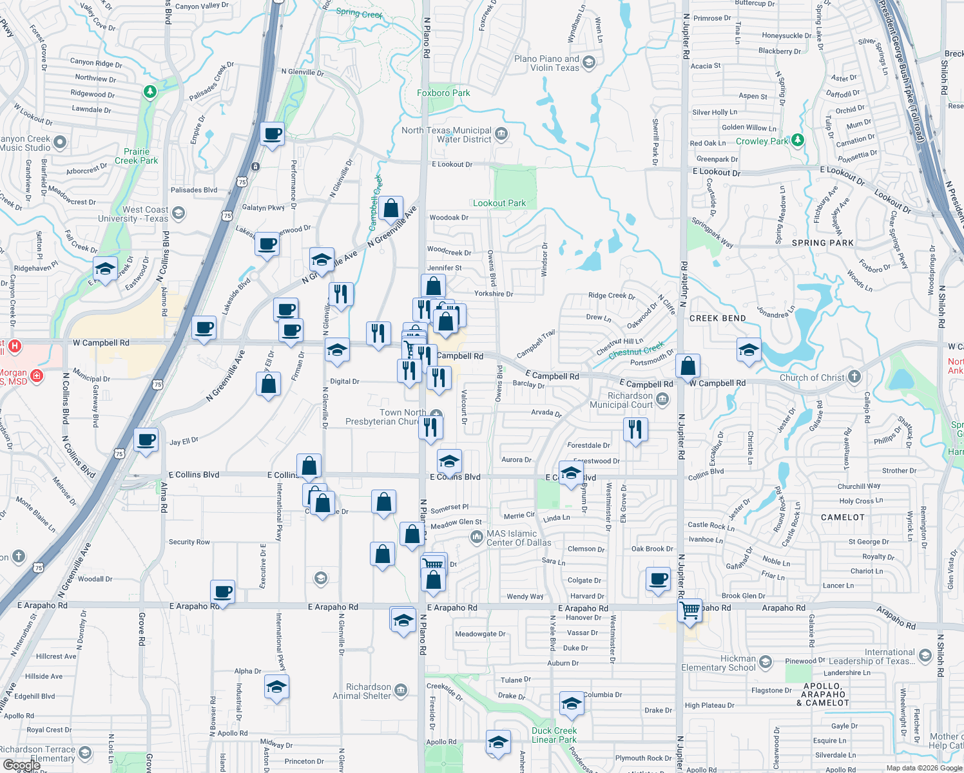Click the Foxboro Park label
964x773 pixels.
click(443, 93)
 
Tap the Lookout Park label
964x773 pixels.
click(499, 203)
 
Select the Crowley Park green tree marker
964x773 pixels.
click(798, 140)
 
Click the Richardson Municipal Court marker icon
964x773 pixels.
click(662, 401)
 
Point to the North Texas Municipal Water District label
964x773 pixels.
click(446, 135)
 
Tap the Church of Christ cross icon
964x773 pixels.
click(854, 377)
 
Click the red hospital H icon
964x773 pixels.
click(15, 346)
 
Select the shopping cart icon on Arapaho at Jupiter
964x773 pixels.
click(690, 609)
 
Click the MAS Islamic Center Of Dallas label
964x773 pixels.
click(519, 538)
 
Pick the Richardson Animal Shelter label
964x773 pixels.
click(361, 691)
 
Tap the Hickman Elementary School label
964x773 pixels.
click(718, 663)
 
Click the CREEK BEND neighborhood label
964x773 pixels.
click(717, 318)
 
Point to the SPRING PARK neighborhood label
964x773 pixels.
click(822, 243)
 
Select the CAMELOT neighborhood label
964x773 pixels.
click(843, 517)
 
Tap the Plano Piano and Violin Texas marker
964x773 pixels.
click(588, 62)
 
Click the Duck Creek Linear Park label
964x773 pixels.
click(554, 735)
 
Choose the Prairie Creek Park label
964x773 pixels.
click(137, 156)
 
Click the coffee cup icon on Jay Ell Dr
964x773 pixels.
click(146, 440)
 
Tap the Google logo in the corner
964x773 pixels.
click(21, 765)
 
